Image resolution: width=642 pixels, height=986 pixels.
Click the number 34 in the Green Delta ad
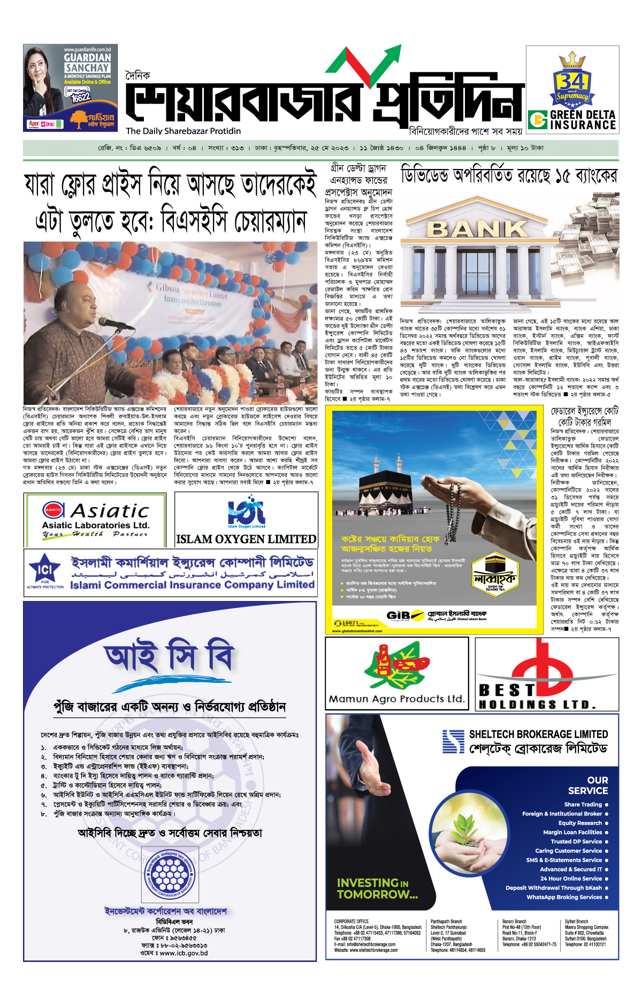[x=572, y=81]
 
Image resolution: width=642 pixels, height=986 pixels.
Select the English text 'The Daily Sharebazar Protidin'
[x=184, y=131]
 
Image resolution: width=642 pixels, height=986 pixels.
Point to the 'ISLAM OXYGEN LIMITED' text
[x=246, y=539]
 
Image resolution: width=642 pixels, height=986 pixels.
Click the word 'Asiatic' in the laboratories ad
[x=110, y=511]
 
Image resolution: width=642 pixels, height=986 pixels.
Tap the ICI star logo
[x=44, y=570]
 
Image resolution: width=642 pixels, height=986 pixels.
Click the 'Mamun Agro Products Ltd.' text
[x=396, y=699]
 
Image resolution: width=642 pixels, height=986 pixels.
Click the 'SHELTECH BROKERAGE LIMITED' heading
[x=538, y=734]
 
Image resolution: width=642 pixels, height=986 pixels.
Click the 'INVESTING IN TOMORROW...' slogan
[x=377, y=888]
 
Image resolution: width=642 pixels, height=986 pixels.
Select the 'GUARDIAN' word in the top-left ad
[x=87, y=57]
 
